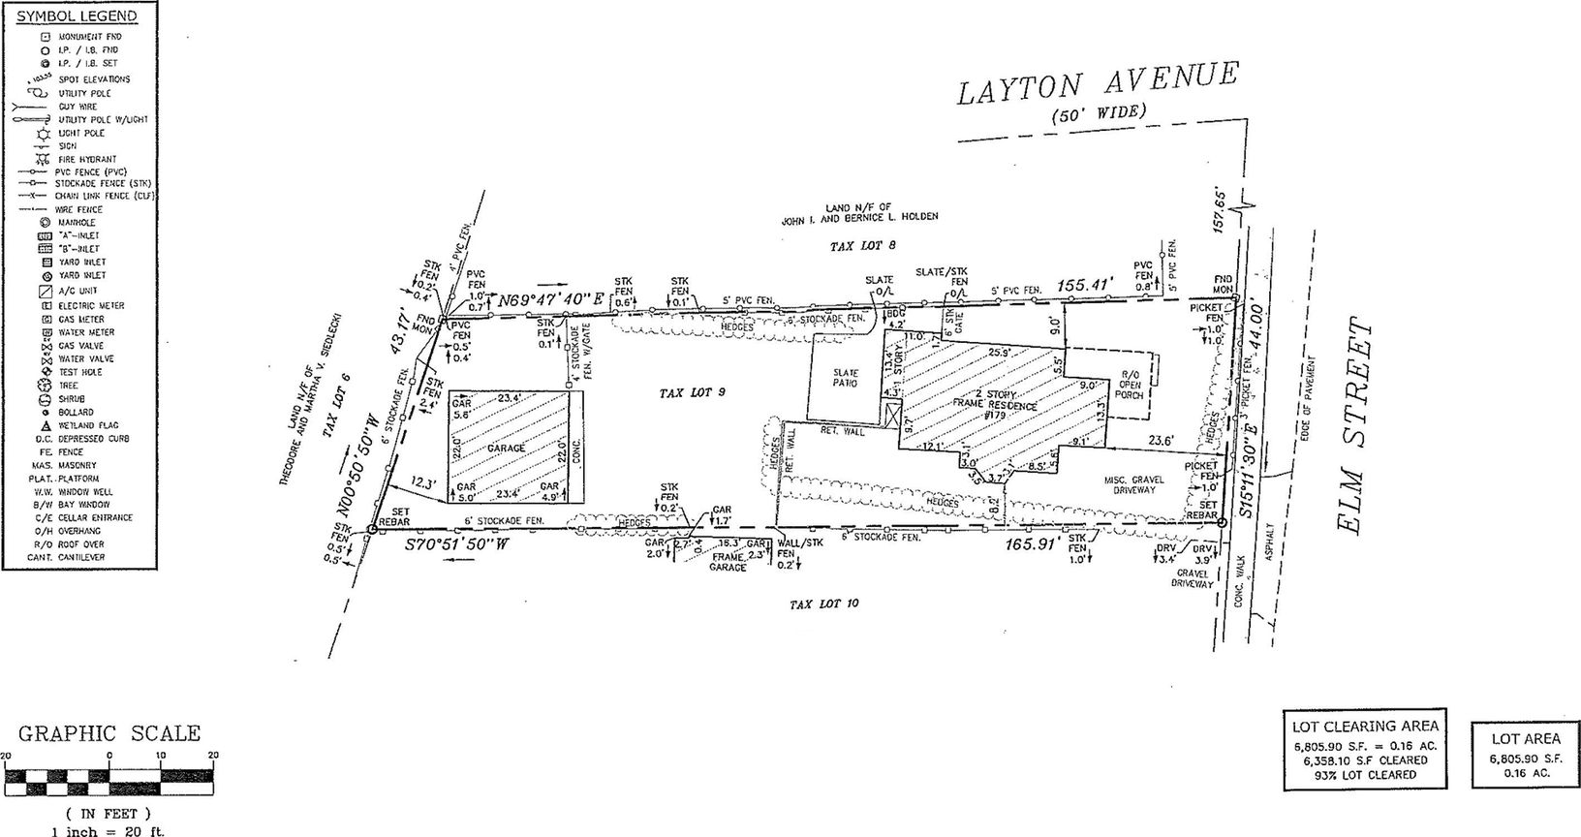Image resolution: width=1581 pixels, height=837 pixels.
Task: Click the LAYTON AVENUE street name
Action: pyautogui.click(x=1098, y=85)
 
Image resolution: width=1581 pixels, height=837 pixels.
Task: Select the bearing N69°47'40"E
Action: pyautogui.click(x=549, y=299)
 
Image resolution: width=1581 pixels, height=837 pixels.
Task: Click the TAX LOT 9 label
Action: pyautogui.click(x=692, y=393)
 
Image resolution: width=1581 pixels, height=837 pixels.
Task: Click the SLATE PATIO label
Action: pyautogui.click(x=846, y=378)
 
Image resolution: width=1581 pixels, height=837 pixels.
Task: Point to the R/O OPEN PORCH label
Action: pyautogui.click(x=1130, y=386)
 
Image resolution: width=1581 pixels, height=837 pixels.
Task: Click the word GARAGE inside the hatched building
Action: pyautogui.click(x=506, y=449)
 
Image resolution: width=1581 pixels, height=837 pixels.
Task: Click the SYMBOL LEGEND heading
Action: pyautogui.click(x=77, y=16)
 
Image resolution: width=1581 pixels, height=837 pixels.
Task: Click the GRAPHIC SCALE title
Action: pyautogui.click(x=109, y=733)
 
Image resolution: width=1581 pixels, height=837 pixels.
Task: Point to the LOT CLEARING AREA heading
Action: pyautogui.click(x=1365, y=726)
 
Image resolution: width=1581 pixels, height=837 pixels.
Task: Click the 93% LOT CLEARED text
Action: pyautogui.click(x=1365, y=774)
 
